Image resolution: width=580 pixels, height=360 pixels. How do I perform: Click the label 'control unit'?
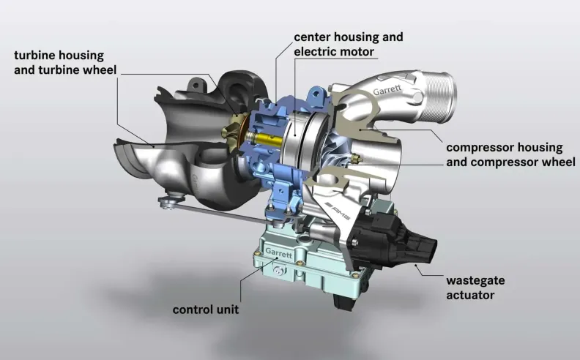[x=206, y=310]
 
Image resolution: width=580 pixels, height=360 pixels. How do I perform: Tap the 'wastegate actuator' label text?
[x=475, y=288]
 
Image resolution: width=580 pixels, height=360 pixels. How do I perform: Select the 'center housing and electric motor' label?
[x=349, y=45]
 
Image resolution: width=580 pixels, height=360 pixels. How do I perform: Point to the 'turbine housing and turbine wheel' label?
[x=65, y=62]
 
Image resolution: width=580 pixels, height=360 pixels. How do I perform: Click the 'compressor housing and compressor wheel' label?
[x=510, y=154]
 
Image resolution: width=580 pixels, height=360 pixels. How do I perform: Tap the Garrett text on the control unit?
[x=279, y=253]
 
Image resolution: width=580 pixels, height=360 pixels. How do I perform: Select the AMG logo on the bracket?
[x=337, y=211]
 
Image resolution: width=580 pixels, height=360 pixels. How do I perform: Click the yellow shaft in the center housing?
[x=266, y=140]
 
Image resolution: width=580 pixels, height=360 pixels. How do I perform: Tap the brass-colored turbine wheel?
[x=232, y=132]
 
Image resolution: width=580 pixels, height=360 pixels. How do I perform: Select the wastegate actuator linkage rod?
[x=221, y=212]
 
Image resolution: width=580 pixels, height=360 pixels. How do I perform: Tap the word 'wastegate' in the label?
[x=475, y=280]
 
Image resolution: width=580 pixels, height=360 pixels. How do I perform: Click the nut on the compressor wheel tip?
[x=357, y=159]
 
